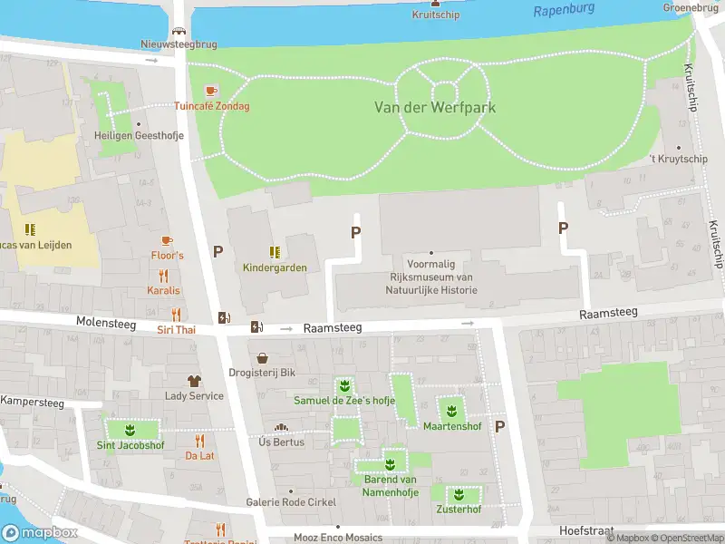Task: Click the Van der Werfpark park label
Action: [435, 107]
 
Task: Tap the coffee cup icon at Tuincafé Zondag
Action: [211, 91]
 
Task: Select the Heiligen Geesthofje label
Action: [139, 135]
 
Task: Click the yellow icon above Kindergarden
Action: [275, 251]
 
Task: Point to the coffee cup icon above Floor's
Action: [166, 240]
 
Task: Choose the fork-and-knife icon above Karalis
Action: [164, 276]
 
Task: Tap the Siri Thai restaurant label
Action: [176, 329]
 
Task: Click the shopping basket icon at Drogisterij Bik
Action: [263, 358]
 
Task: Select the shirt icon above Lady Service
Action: [194, 381]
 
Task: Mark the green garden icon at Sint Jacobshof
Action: [130, 430]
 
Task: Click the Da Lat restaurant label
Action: [199, 455]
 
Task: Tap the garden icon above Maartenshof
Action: [450, 411]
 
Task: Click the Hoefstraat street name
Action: [587, 530]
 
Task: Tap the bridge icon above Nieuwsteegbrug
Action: [180, 30]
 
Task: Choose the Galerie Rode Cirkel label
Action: [291, 502]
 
